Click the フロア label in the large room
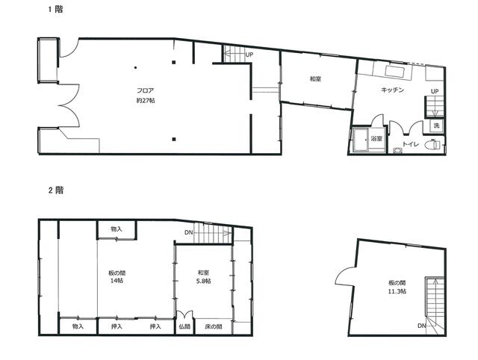coord(145,90)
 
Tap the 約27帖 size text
coord(146,100)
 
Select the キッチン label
coord(392,90)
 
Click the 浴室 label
coord(376,139)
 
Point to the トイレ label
coord(411,144)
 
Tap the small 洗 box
coord(436,125)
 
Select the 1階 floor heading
coord(56,10)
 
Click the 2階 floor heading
coord(56,190)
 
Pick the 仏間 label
coord(184,326)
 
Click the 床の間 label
coord(214,326)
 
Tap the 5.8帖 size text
coord(203,281)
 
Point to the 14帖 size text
coord(117,281)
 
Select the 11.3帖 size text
coord(397,291)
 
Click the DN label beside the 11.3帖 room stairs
coord(421,326)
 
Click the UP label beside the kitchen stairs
coord(435,91)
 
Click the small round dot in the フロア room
coord(135,67)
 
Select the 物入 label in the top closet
coord(117,229)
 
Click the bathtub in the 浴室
coord(361,140)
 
